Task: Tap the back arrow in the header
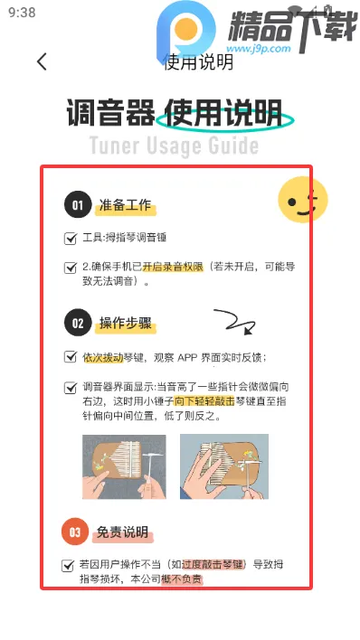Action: coord(42,61)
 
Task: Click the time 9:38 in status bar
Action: coord(22,13)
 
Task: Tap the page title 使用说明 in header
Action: coord(198,62)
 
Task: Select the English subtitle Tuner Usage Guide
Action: coord(174,146)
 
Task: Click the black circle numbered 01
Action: coord(78,205)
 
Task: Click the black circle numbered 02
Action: coord(78,323)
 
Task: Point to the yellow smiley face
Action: coord(301,201)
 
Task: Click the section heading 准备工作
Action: coord(127,206)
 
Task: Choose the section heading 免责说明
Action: coord(123,532)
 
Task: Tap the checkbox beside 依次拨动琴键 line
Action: coord(71,357)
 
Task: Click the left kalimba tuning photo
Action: coord(124,466)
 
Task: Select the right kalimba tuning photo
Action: coord(224,466)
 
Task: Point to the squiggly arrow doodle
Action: coord(232,322)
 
